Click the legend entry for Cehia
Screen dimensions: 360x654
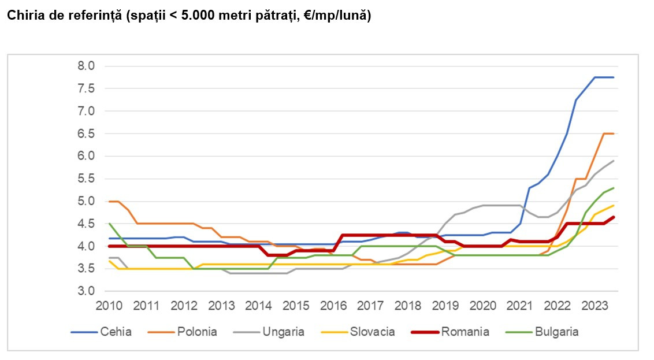[116, 332]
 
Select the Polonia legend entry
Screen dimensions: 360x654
[198, 332]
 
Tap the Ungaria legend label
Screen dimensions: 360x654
[283, 332]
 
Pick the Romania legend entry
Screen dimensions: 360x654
[465, 332]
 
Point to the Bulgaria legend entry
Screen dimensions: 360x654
[556, 332]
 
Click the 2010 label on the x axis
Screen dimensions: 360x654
[109, 305]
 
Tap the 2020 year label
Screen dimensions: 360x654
[485, 305]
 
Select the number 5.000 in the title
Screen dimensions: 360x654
[198, 16]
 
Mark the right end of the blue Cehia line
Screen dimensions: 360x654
[613, 77]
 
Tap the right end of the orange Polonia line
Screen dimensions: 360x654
[613, 133]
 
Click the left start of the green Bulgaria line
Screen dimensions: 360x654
[109, 224]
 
